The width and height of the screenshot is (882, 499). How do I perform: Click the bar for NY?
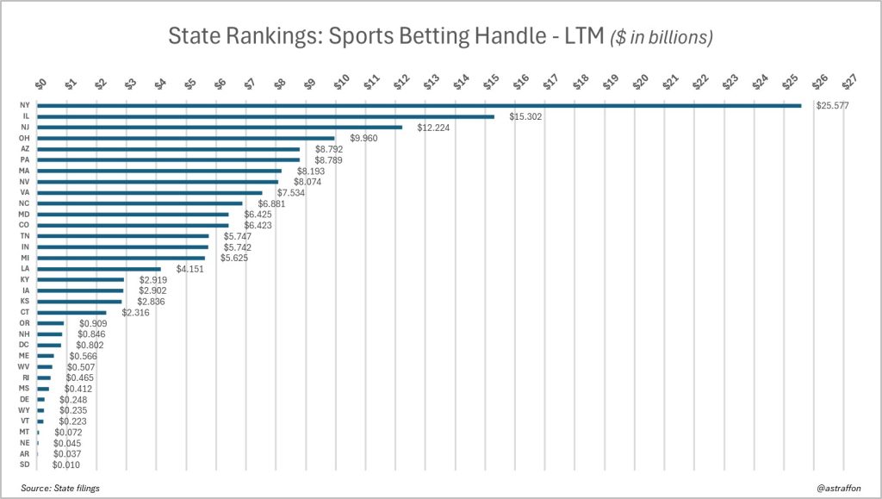pos(419,106)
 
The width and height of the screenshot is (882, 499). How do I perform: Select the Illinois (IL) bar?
pos(266,116)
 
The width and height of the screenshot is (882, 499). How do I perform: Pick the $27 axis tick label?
pos(850,81)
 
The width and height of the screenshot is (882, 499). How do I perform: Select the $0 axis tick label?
pos(40,82)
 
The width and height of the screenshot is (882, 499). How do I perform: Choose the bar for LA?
pos(99,269)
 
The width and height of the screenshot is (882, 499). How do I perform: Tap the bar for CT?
pos(72,312)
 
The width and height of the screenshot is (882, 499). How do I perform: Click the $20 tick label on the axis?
pos(640,81)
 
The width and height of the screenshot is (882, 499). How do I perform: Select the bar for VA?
pos(150,193)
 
